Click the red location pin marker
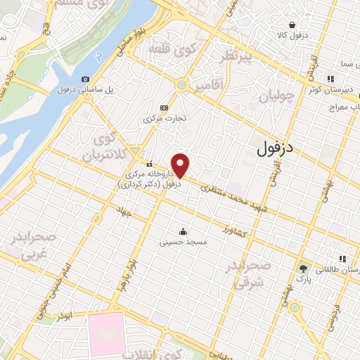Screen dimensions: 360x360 click(181, 165)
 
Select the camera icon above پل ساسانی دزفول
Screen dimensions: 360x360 click(86, 79)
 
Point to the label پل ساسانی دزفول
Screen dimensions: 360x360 click(65, 91)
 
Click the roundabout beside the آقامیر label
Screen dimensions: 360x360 click(181, 85)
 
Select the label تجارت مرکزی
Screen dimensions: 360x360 click(165, 118)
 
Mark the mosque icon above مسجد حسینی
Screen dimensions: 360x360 click(183, 232)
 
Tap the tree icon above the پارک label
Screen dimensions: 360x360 click(303, 268)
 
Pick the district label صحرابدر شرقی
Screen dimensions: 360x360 click(248, 276)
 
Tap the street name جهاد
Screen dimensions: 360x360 click(125, 211)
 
